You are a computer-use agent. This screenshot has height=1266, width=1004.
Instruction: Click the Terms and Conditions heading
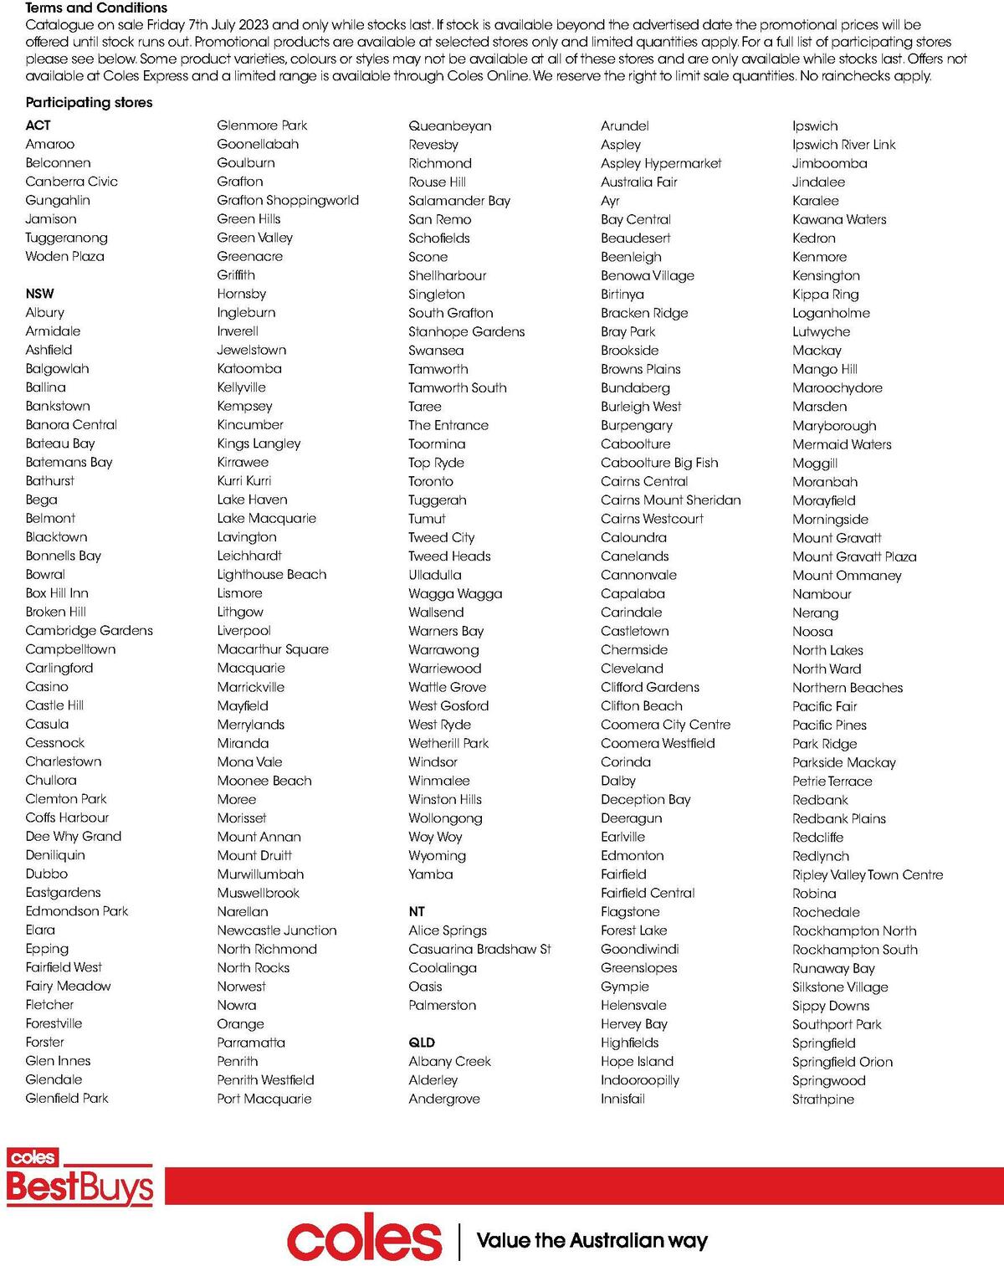[x=96, y=8]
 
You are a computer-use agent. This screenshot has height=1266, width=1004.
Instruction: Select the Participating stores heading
[x=89, y=102]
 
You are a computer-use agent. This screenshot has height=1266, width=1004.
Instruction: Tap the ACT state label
[x=38, y=126]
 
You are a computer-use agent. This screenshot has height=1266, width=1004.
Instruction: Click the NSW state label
[x=39, y=294]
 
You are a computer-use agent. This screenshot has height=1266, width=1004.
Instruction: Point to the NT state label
[x=417, y=911]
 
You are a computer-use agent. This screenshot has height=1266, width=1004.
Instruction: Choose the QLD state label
[x=422, y=1043]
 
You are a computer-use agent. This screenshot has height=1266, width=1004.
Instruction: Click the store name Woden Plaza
[x=64, y=256]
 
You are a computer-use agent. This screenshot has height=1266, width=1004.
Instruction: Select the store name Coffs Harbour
[x=67, y=818]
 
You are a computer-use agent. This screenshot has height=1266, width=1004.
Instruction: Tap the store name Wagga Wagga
[x=455, y=593]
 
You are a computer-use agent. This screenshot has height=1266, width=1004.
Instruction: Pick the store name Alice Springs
[x=448, y=930]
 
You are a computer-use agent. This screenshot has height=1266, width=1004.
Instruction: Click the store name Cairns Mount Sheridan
[x=670, y=500]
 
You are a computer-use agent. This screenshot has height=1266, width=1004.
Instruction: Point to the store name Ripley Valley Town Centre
[x=868, y=874]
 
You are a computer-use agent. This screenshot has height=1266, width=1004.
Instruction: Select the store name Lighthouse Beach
[x=272, y=575]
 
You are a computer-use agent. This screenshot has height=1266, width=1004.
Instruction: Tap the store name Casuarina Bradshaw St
[x=479, y=949]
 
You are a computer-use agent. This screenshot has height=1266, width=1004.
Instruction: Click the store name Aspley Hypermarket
[x=661, y=163]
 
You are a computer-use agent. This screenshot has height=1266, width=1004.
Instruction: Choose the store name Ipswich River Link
[x=843, y=145]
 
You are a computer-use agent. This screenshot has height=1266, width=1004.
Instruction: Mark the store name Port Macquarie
[x=264, y=1099]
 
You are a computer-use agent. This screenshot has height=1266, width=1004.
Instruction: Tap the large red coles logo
[x=364, y=1240]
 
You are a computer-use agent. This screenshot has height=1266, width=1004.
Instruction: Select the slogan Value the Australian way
[x=592, y=1240]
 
